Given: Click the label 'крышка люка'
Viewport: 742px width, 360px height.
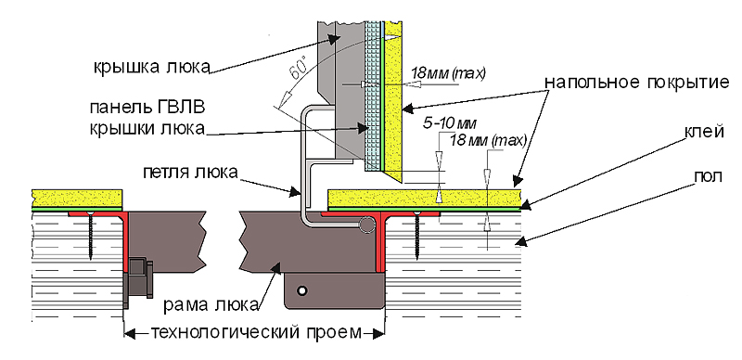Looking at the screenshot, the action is [x=151, y=68].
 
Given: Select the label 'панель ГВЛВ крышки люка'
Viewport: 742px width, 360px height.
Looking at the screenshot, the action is [x=147, y=118].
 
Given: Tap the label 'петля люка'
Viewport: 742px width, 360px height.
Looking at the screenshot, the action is [x=190, y=173].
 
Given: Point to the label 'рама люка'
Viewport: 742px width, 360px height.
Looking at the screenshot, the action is [x=211, y=304].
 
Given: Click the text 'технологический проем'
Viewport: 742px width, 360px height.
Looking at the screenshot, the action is [x=255, y=332].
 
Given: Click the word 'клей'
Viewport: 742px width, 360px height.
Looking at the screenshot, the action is [x=704, y=133].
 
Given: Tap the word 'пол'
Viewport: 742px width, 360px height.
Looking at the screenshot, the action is [x=707, y=176].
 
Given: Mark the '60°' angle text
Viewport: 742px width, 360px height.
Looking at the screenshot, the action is [x=295, y=71].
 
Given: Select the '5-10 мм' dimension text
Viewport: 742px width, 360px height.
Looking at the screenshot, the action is [x=450, y=123].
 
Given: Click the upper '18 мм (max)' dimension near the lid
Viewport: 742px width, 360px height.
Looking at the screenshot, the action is [x=448, y=74].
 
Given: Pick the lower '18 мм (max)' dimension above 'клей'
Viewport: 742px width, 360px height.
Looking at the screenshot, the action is [x=489, y=141].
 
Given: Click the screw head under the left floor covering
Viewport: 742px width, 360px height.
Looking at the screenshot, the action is [x=90, y=213].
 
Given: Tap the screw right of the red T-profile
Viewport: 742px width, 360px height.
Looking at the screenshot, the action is [x=416, y=236].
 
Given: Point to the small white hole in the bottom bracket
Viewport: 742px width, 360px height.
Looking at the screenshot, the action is [x=301, y=289].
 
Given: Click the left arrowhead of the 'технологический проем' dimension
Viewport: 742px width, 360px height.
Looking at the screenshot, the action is [x=130, y=333].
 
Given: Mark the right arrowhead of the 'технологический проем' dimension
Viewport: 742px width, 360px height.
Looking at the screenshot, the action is [x=378, y=333].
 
